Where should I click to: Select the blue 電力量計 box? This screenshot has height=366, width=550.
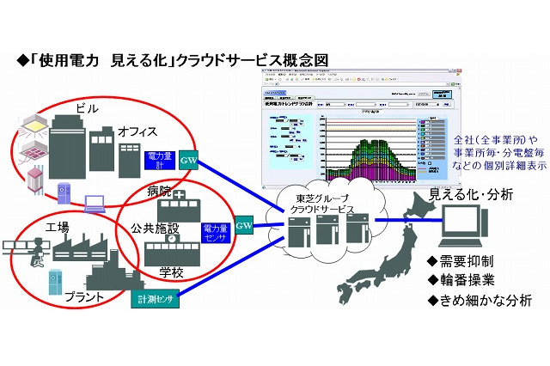pos(162,161)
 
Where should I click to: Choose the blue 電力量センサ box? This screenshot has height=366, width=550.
pos(215,233)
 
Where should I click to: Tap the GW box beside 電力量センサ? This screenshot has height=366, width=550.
pos(243,228)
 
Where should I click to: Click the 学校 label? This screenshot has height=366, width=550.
pos(172,271)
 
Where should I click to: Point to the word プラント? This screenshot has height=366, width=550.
pos(83,296)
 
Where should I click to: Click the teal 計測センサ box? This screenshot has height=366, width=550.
pos(156,300)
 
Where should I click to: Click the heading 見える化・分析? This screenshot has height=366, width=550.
pos(470,195)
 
